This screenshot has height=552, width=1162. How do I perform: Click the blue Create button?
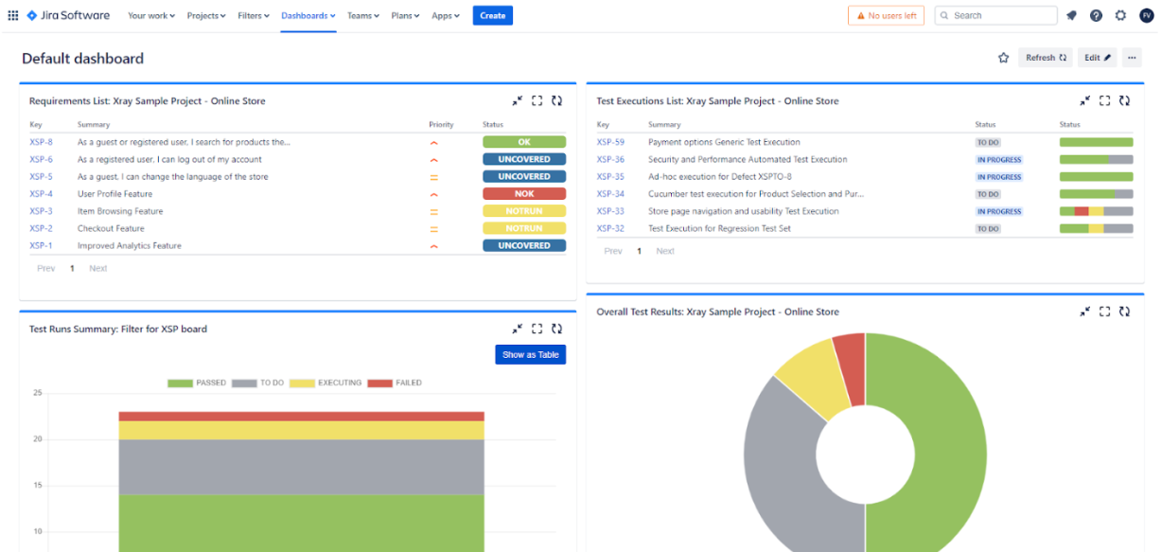coord(492,15)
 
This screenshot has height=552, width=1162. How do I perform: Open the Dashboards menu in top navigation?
coord(308,15)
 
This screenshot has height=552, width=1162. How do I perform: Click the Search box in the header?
coord(995,15)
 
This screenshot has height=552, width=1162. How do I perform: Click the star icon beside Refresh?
coord(1003,58)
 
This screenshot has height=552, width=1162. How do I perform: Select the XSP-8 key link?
coord(41,142)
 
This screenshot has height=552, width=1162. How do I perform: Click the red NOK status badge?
coord(524,194)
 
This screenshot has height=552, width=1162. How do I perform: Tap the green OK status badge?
coord(524,142)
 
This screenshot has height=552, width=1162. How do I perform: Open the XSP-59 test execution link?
coord(610,142)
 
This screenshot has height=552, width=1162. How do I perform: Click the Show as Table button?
coord(530,354)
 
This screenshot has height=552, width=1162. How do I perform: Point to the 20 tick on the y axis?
coord(37,439)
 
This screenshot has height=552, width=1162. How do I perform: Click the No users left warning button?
coord(886,15)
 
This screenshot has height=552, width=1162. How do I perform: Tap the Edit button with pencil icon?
coord(1097,58)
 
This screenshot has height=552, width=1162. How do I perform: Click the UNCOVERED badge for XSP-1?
coord(524,245)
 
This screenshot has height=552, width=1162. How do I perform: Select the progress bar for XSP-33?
coord(1096,211)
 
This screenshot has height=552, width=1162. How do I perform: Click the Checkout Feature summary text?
coord(111,228)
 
